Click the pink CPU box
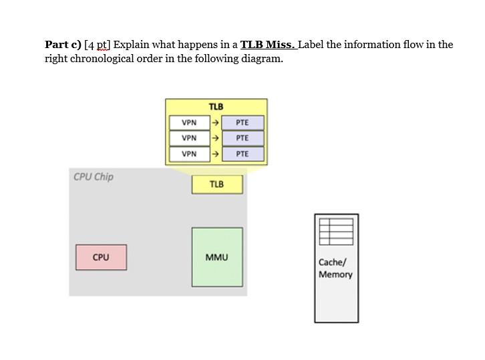[101, 257]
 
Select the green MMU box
[216, 257]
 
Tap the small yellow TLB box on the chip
[216, 184]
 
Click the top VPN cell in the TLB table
[189, 123]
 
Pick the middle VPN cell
[189, 138]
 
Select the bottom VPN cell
[189, 154]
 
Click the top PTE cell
[242, 123]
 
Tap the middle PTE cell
[242, 138]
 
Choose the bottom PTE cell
[242, 154]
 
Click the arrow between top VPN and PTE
[214, 123]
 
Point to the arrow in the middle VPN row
[214, 138]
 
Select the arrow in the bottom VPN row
[214, 154]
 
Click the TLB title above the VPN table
[216, 106]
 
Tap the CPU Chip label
[94, 177]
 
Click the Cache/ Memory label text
[335, 268]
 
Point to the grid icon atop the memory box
[336, 231]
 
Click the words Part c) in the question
[63, 45]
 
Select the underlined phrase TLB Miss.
[268, 45]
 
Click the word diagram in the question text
[263, 59]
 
